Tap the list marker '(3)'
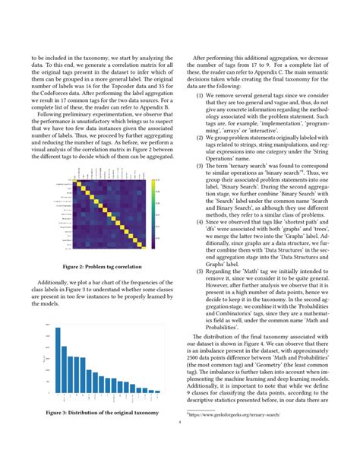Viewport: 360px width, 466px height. pyautogui.click(x=200, y=165)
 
